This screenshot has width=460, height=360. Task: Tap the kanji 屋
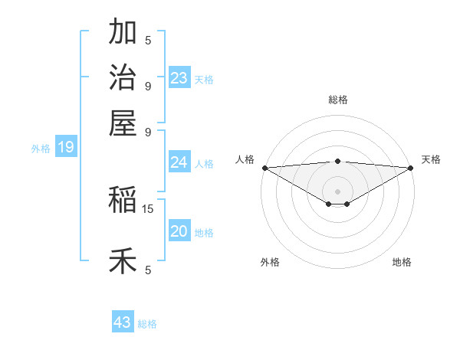point(123,123)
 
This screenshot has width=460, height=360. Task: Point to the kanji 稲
point(123,200)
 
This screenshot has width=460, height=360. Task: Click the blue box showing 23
point(179,78)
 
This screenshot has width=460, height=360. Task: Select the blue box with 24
point(179,162)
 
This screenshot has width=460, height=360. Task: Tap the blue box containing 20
point(179,231)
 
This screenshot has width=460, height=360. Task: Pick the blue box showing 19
point(66,147)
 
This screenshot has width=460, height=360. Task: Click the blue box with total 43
point(123,322)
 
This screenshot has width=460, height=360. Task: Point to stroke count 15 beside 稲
point(148,208)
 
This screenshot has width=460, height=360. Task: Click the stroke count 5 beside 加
point(148,40)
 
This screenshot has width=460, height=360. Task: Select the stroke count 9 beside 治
point(148,86)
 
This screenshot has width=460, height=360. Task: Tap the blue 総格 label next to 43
point(147,324)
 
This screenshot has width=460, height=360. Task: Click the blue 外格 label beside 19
point(41,149)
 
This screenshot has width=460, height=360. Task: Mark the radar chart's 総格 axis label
point(338,100)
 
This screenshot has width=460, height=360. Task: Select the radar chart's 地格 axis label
point(402,262)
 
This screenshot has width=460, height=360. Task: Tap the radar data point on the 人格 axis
point(264,168)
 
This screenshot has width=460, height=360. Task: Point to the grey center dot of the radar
point(338,191)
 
